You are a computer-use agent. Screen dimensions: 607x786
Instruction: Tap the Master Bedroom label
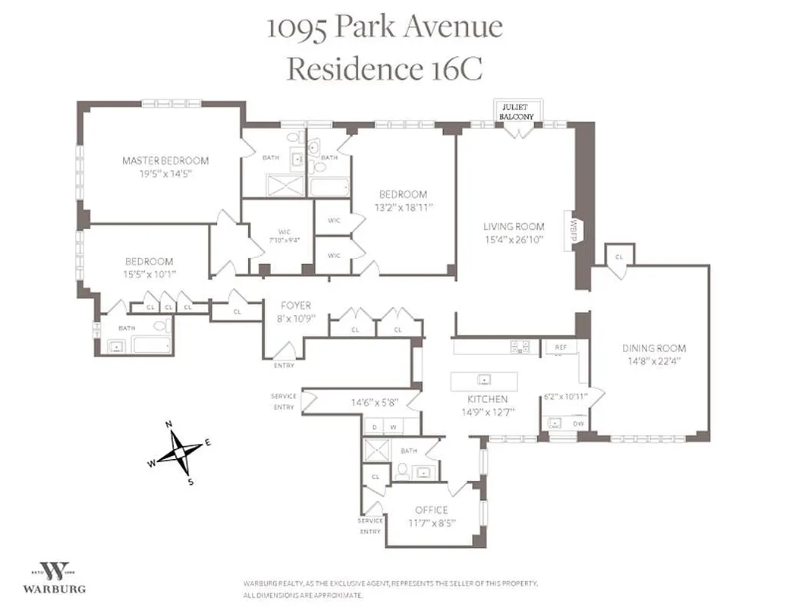tap(165, 161)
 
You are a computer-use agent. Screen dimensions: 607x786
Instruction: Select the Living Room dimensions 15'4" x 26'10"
tap(514, 239)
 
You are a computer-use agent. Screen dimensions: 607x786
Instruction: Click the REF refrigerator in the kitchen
tap(561, 348)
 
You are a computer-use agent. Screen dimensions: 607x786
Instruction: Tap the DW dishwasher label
tap(579, 423)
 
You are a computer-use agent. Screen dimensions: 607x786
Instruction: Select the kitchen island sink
tap(484, 379)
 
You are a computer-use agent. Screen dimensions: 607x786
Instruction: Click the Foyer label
tap(295, 306)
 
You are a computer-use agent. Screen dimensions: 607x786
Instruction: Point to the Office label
tap(431, 510)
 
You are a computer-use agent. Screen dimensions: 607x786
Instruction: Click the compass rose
tap(179, 451)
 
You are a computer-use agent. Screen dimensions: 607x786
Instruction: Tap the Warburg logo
tap(54, 577)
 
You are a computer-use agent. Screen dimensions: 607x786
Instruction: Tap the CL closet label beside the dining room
tap(619, 257)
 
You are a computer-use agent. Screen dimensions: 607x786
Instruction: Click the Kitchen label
tap(487, 399)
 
